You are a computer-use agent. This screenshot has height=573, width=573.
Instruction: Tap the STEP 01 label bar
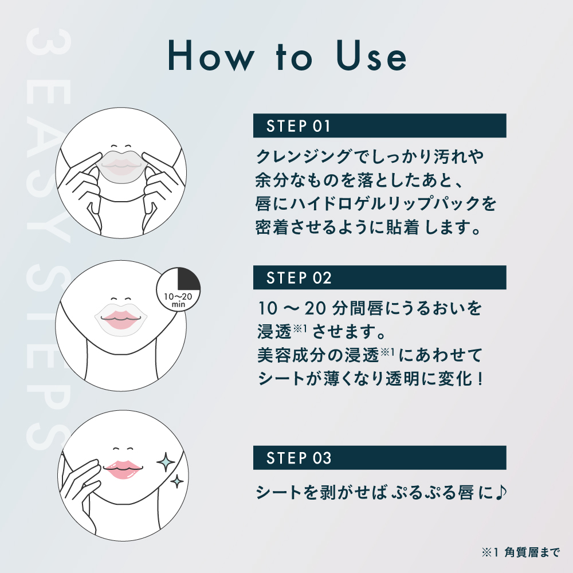click(379, 125)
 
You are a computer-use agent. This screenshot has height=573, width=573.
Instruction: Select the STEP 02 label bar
click(379, 277)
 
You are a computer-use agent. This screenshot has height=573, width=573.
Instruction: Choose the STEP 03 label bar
click(379, 458)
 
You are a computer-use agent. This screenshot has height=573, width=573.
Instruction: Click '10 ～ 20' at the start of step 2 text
click(284, 309)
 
